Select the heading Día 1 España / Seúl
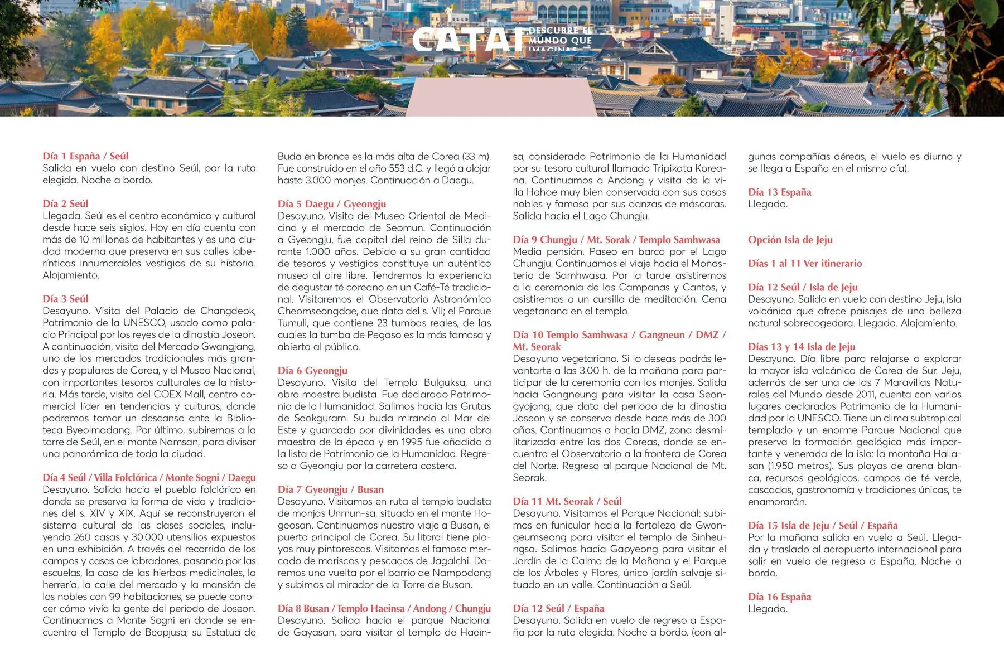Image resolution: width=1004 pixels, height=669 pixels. pos(85,156)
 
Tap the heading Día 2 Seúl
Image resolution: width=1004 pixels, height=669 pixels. pos(65,203)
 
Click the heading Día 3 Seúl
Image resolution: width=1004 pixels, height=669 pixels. pos(65,299)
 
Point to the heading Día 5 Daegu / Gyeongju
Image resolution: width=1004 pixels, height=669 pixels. pos(332,204)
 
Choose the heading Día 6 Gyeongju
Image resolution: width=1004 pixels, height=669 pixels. pos(312,370)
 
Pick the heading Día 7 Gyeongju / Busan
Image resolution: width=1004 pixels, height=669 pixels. pos(331,489)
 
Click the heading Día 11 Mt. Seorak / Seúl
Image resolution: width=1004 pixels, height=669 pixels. pos(567,501)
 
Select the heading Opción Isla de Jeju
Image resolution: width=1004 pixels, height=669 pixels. pos(790,240)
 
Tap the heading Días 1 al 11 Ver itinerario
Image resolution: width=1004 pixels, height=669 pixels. pos(805,263)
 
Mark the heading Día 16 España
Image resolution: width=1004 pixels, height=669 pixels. pos(780,597)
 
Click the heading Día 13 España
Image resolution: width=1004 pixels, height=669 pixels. pos(780,192)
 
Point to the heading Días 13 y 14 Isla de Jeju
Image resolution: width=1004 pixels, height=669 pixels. pos(802,347)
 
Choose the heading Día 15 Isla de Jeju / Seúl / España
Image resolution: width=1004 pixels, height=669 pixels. pos(823,525)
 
